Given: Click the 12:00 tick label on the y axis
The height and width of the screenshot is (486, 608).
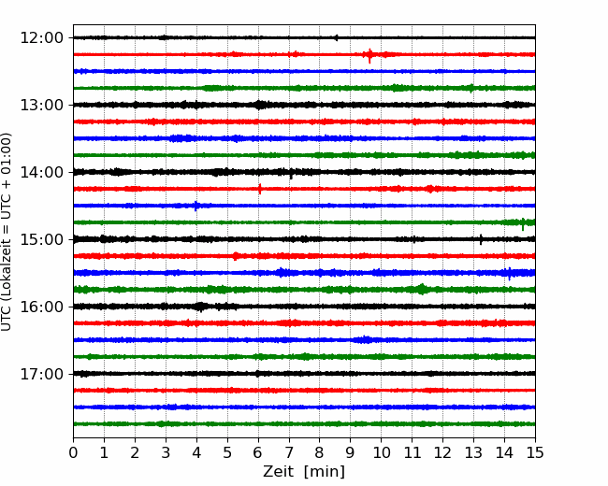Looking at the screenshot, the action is click(41, 38).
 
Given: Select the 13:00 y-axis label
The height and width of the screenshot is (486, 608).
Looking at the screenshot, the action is click(41, 105).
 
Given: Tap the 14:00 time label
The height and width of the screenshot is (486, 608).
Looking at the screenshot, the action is click(41, 172).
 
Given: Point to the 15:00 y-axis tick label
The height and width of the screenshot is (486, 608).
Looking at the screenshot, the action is click(41, 239).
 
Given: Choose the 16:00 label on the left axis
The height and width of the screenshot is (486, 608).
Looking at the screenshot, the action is click(41, 307).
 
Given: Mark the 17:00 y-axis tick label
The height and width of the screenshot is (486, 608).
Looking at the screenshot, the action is click(41, 374).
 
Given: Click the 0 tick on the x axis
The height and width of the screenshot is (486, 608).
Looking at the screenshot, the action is click(73, 452).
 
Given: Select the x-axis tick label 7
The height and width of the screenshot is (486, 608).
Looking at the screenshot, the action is click(288, 452).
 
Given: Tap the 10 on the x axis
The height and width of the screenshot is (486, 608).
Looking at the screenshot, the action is click(381, 452).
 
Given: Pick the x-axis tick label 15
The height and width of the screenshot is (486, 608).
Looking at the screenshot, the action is click(535, 452).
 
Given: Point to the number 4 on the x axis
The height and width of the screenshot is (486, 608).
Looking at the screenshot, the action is click(196, 452).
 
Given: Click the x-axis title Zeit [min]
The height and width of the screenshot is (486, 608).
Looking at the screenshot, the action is click(304, 472).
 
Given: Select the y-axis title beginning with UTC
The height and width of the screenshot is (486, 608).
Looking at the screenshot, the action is click(6, 232).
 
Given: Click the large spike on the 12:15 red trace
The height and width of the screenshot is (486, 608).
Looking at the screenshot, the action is click(369, 56).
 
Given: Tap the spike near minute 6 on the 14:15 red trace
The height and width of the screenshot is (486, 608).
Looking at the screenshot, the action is click(260, 189).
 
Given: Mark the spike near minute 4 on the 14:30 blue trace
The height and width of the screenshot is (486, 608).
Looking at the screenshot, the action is click(195, 206).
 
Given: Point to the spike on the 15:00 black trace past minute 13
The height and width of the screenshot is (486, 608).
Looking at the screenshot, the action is click(481, 239).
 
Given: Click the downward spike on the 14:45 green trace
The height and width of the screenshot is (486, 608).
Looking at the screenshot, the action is click(523, 224).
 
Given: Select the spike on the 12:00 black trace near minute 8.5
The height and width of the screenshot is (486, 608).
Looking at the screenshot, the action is click(336, 37).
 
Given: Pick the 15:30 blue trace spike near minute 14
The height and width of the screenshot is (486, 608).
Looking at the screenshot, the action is click(509, 274).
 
